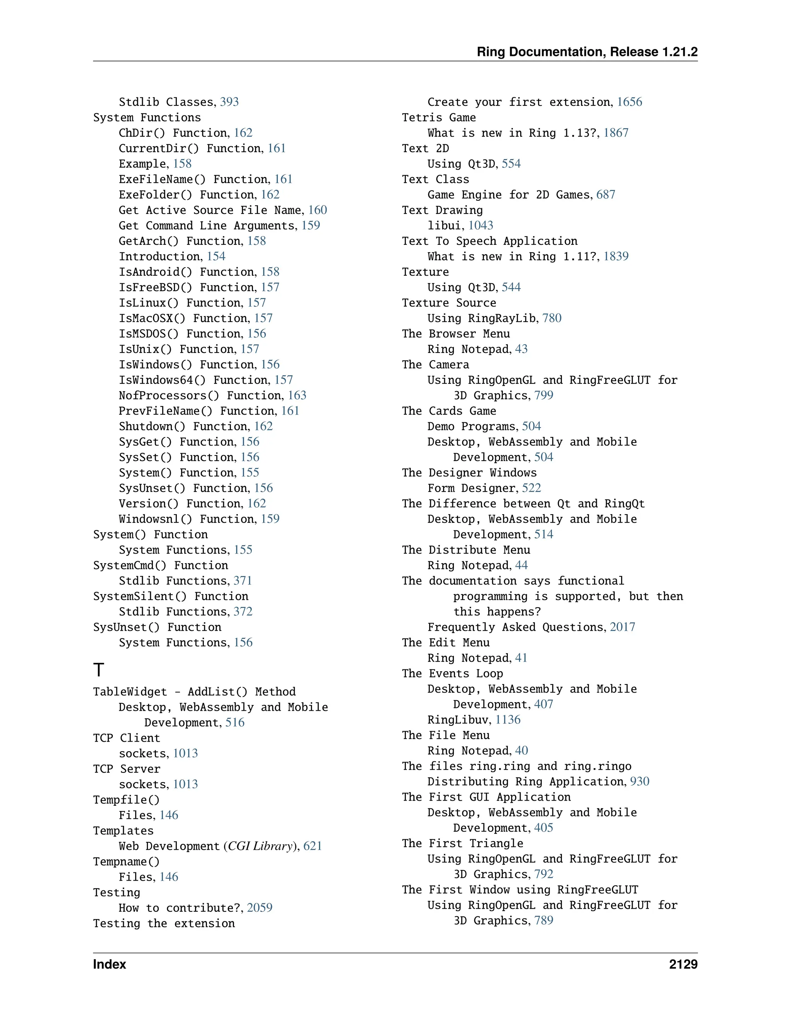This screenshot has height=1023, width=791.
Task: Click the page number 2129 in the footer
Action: (683, 964)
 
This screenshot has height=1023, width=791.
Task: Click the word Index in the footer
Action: (109, 964)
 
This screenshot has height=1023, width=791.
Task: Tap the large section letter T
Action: (98, 669)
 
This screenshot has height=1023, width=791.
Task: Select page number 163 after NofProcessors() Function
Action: (297, 395)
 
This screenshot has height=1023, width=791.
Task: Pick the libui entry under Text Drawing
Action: (444, 225)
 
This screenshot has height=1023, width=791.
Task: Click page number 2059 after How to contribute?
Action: (259, 908)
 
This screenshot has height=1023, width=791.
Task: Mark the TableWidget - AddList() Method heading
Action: (194, 691)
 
